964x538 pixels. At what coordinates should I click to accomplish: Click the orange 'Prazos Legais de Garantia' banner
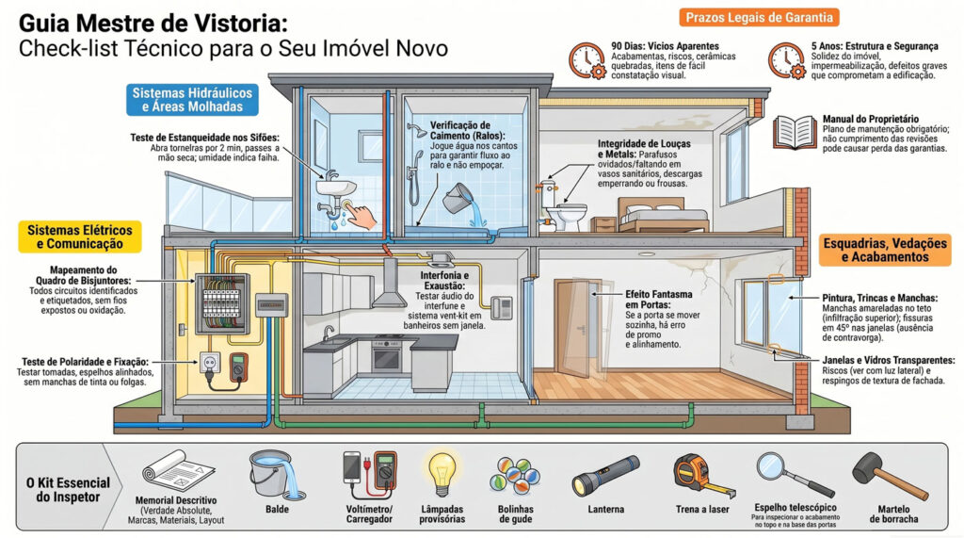(x=759, y=17)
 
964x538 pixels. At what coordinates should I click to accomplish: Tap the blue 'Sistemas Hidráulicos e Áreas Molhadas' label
(x=192, y=100)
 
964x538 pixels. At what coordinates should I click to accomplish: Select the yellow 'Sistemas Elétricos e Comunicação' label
(x=80, y=237)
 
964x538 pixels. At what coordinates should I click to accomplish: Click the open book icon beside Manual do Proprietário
(x=795, y=132)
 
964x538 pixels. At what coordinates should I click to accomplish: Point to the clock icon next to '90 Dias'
(x=586, y=60)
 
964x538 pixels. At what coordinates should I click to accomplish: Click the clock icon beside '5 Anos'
(x=786, y=60)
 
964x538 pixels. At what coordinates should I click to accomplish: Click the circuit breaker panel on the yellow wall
(x=222, y=304)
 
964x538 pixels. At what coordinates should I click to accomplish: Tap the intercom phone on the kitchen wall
(x=502, y=307)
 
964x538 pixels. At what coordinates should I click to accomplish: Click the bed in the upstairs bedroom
(x=662, y=215)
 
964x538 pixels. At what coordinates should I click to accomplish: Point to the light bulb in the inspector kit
(x=441, y=473)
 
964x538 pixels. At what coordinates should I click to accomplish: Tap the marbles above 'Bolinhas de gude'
(x=515, y=476)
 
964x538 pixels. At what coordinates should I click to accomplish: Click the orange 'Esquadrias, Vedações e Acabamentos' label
(x=885, y=250)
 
